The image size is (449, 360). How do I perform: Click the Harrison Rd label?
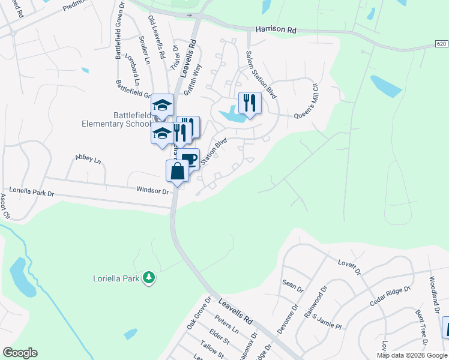point(276,28)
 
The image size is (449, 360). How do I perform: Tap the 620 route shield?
point(441,45)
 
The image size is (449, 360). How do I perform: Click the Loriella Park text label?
point(116,278)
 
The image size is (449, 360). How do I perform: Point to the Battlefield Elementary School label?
point(116,119)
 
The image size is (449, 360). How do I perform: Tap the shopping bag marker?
point(178,172)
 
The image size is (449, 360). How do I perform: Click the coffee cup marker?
point(188,160)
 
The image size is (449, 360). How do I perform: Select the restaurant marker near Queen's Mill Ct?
point(250,103)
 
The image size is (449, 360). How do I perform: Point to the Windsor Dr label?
point(153,190)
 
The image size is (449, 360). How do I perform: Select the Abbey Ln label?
point(88,159)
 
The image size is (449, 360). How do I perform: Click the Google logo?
point(20,353)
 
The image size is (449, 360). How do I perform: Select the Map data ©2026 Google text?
point(412,355)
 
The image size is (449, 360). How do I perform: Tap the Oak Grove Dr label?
point(199,312)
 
